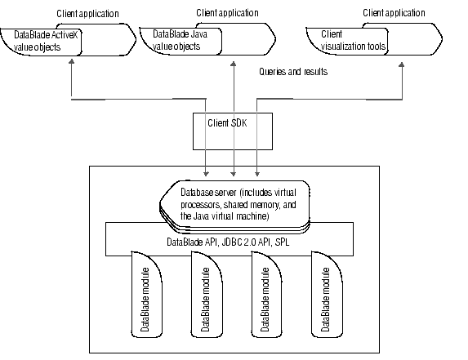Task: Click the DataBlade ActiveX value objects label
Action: (x=46, y=41)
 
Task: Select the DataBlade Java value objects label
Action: (x=180, y=40)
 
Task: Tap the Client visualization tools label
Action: (x=353, y=40)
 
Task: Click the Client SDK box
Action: (x=233, y=131)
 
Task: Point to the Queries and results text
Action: (x=293, y=72)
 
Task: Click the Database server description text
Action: (x=238, y=204)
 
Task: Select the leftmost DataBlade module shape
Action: (x=146, y=295)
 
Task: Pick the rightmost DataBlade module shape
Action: (x=327, y=295)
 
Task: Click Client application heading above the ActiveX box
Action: (x=87, y=14)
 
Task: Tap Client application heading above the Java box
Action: (x=227, y=13)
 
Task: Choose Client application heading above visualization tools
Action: (x=394, y=13)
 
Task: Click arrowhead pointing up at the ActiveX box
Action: (x=71, y=61)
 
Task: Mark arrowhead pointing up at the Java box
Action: (x=234, y=64)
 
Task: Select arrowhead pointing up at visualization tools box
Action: (x=402, y=64)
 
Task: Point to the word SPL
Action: (x=282, y=242)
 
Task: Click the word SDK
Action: (x=239, y=123)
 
